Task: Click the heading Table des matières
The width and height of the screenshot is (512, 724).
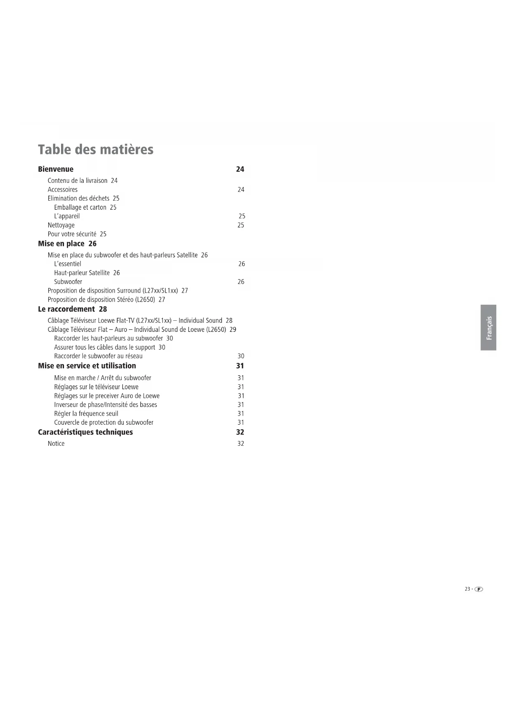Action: pos(95,149)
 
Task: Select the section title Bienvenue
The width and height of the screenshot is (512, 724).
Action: pos(56,169)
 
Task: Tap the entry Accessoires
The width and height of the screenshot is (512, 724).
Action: pos(62,189)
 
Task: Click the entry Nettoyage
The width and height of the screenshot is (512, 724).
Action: pos(61,225)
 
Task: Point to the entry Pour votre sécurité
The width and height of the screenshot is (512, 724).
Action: pos(72,234)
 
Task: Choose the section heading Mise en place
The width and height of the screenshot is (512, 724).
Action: pos(61,244)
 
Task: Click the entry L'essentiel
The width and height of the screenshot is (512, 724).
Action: pos(68,264)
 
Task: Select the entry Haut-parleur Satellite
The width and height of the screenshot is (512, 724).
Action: pos(82,273)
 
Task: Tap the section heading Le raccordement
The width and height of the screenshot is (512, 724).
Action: pos(66,309)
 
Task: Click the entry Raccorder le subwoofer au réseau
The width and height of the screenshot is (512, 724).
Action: pos(98,356)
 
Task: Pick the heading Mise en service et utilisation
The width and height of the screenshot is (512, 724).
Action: pos(87,366)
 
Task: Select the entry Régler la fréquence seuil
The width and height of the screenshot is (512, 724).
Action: pos(86,414)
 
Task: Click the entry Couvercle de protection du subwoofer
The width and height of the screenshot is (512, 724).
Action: pos(104,422)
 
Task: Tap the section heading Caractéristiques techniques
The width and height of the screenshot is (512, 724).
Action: pos(85,432)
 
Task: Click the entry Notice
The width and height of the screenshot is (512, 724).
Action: pos(56,443)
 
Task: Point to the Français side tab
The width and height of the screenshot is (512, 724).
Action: pos(488,328)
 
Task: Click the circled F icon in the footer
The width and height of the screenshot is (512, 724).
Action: pos(479,589)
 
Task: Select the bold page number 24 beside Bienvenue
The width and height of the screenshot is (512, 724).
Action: pos(240,169)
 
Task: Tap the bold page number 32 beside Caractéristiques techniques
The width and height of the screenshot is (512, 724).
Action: pos(240,432)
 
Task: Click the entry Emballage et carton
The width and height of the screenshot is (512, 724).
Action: pos(80,207)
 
